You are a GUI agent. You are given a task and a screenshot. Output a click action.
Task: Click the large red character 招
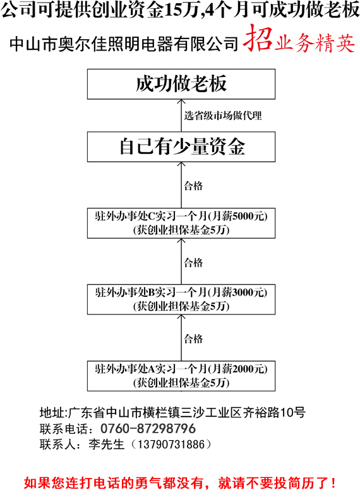[258, 39]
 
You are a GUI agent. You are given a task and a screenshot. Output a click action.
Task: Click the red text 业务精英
[315, 42]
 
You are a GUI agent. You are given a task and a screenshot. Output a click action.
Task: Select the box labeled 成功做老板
[181, 84]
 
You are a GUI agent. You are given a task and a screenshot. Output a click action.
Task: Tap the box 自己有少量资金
[181, 146]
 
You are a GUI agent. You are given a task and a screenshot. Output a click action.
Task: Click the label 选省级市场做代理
[223, 116]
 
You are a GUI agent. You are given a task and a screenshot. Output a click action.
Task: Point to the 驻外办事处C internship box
[181, 223]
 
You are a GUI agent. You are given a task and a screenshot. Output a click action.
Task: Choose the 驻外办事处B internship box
[181, 299]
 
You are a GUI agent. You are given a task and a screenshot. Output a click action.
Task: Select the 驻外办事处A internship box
[181, 376]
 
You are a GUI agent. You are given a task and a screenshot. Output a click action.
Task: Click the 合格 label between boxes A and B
[193, 338]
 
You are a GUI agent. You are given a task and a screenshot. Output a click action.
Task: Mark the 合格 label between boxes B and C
[193, 263]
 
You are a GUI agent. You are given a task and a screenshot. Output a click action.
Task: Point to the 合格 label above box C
[193, 186]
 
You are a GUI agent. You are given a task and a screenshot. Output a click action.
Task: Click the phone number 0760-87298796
[148, 428]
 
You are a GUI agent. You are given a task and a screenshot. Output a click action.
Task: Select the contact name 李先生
[106, 445]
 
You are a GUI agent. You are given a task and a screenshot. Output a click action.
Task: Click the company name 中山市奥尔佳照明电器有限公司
[124, 44]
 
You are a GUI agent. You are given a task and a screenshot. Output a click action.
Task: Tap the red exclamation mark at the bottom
[333, 483]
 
